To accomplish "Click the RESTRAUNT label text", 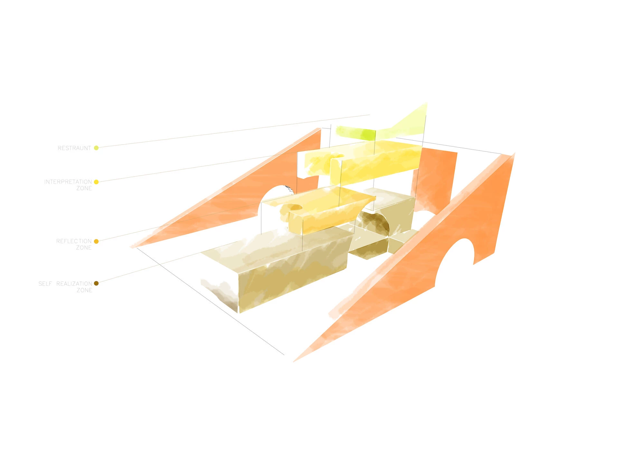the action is coord(74,148).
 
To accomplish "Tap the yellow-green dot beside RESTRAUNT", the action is coord(96,148).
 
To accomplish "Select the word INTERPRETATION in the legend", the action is coord(68,182).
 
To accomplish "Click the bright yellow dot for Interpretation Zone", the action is coord(96,182).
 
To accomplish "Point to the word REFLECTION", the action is coord(74,241).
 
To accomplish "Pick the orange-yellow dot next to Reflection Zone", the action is coord(96,241).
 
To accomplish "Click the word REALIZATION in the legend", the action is coord(74,283).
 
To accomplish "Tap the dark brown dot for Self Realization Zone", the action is coord(96,283).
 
